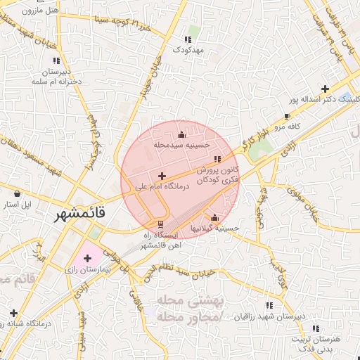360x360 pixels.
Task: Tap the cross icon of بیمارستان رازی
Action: [87, 258]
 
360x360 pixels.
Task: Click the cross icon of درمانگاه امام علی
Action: [162, 176]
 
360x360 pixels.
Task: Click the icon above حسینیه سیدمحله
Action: [182, 134]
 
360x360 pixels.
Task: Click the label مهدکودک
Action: [188, 51]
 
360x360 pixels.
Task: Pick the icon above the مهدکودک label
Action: [188, 39]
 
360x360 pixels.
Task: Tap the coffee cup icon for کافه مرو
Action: [287, 116]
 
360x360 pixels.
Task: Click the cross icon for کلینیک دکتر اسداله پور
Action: [325, 89]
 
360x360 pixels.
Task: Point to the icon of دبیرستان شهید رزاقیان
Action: [269, 306]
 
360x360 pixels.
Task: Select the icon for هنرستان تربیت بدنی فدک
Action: [316, 328]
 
